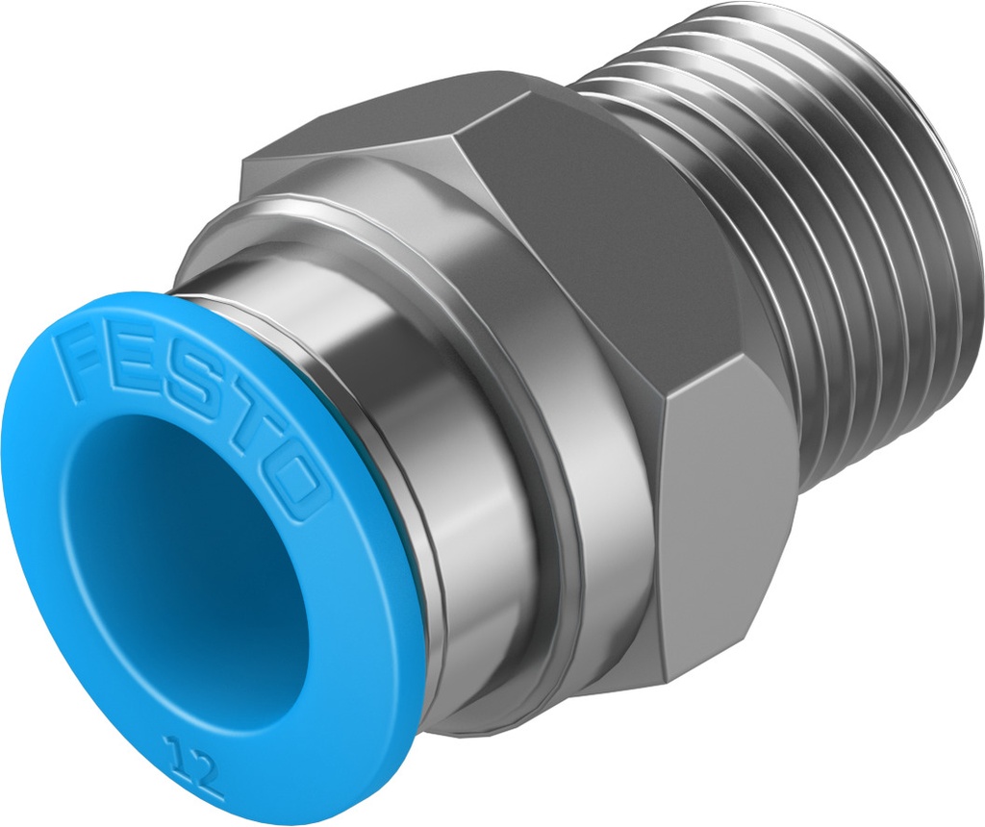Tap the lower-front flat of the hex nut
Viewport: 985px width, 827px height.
tap(721, 539)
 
